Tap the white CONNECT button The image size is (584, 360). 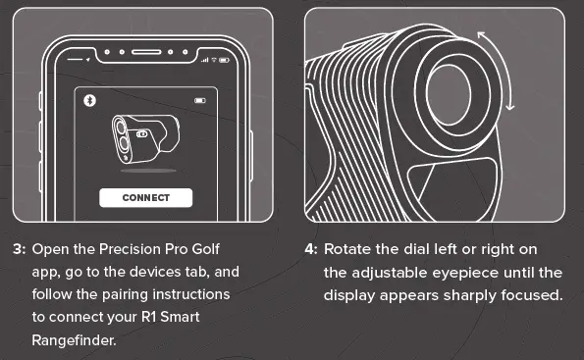[x=145, y=197]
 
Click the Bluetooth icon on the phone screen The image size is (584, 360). [x=87, y=100]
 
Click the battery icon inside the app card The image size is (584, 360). [x=201, y=100]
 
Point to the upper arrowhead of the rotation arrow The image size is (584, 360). [x=481, y=34]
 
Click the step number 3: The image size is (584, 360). [x=20, y=250]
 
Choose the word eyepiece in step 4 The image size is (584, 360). [x=466, y=272]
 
